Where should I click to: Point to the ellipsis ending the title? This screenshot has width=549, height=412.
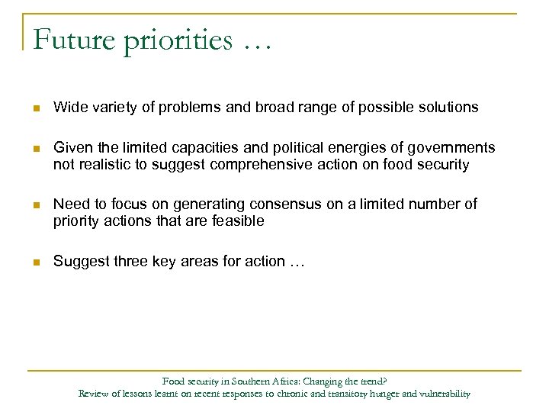(258, 43)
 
